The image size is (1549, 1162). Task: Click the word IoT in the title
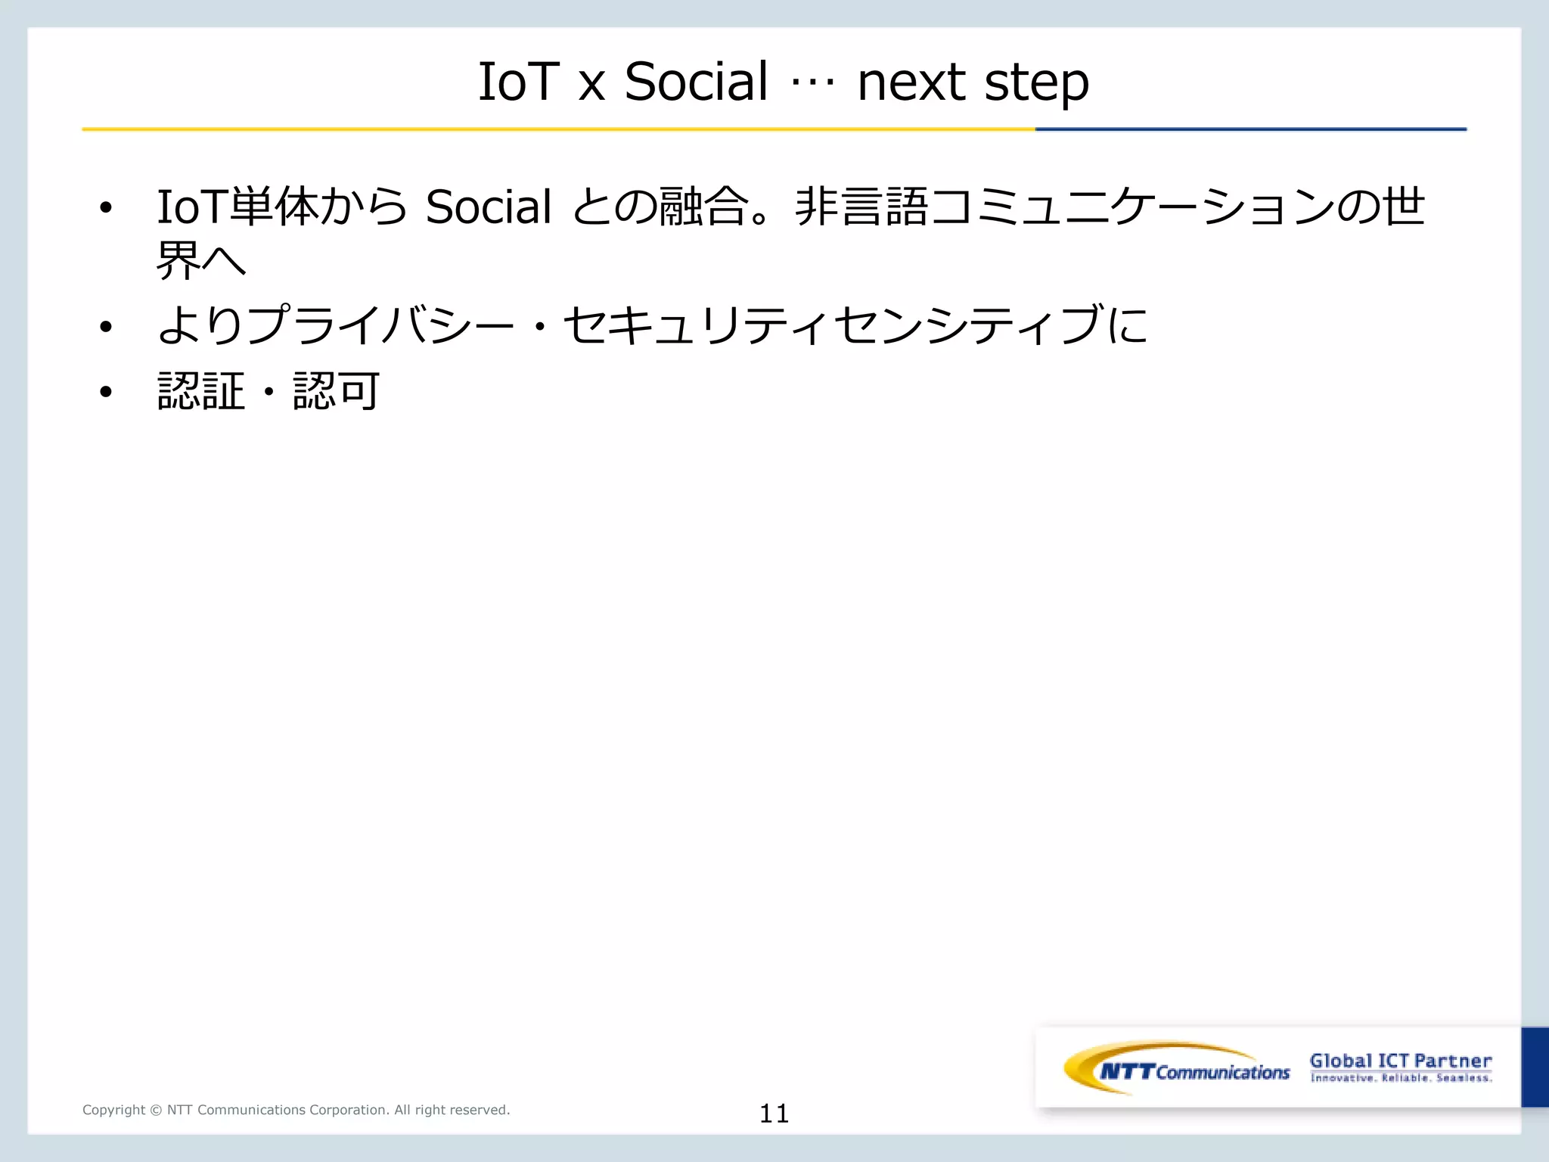point(518,82)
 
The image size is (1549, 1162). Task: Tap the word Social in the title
point(696,82)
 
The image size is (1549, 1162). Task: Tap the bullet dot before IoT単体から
point(106,207)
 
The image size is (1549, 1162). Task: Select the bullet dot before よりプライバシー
point(106,327)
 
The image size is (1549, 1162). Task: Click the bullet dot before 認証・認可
point(106,391)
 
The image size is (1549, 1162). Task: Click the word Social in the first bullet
point(489,207)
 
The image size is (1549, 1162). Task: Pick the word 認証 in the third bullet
point(201,391)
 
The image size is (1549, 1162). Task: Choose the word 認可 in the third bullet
point(337,391)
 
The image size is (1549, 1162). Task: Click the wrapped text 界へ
point(201,261)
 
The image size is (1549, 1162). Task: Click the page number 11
point(774,1113)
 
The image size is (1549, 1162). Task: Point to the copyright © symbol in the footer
point(156,1110)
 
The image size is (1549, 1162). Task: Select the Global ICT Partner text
point(1400,1061)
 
